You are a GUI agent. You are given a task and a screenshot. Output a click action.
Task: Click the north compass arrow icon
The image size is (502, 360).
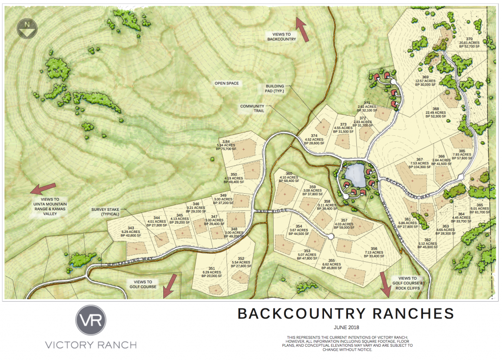25,28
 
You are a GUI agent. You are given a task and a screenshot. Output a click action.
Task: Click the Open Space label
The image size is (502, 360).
227,83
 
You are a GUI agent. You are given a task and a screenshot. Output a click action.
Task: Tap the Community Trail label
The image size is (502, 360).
252,108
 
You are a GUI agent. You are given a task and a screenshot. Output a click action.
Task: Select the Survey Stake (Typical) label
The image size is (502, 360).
106,212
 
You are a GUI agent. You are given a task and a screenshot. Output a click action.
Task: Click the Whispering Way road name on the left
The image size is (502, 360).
123,259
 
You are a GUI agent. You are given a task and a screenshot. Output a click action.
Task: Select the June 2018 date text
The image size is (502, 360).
346,327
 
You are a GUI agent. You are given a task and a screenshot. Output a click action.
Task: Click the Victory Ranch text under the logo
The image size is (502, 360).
91,345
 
